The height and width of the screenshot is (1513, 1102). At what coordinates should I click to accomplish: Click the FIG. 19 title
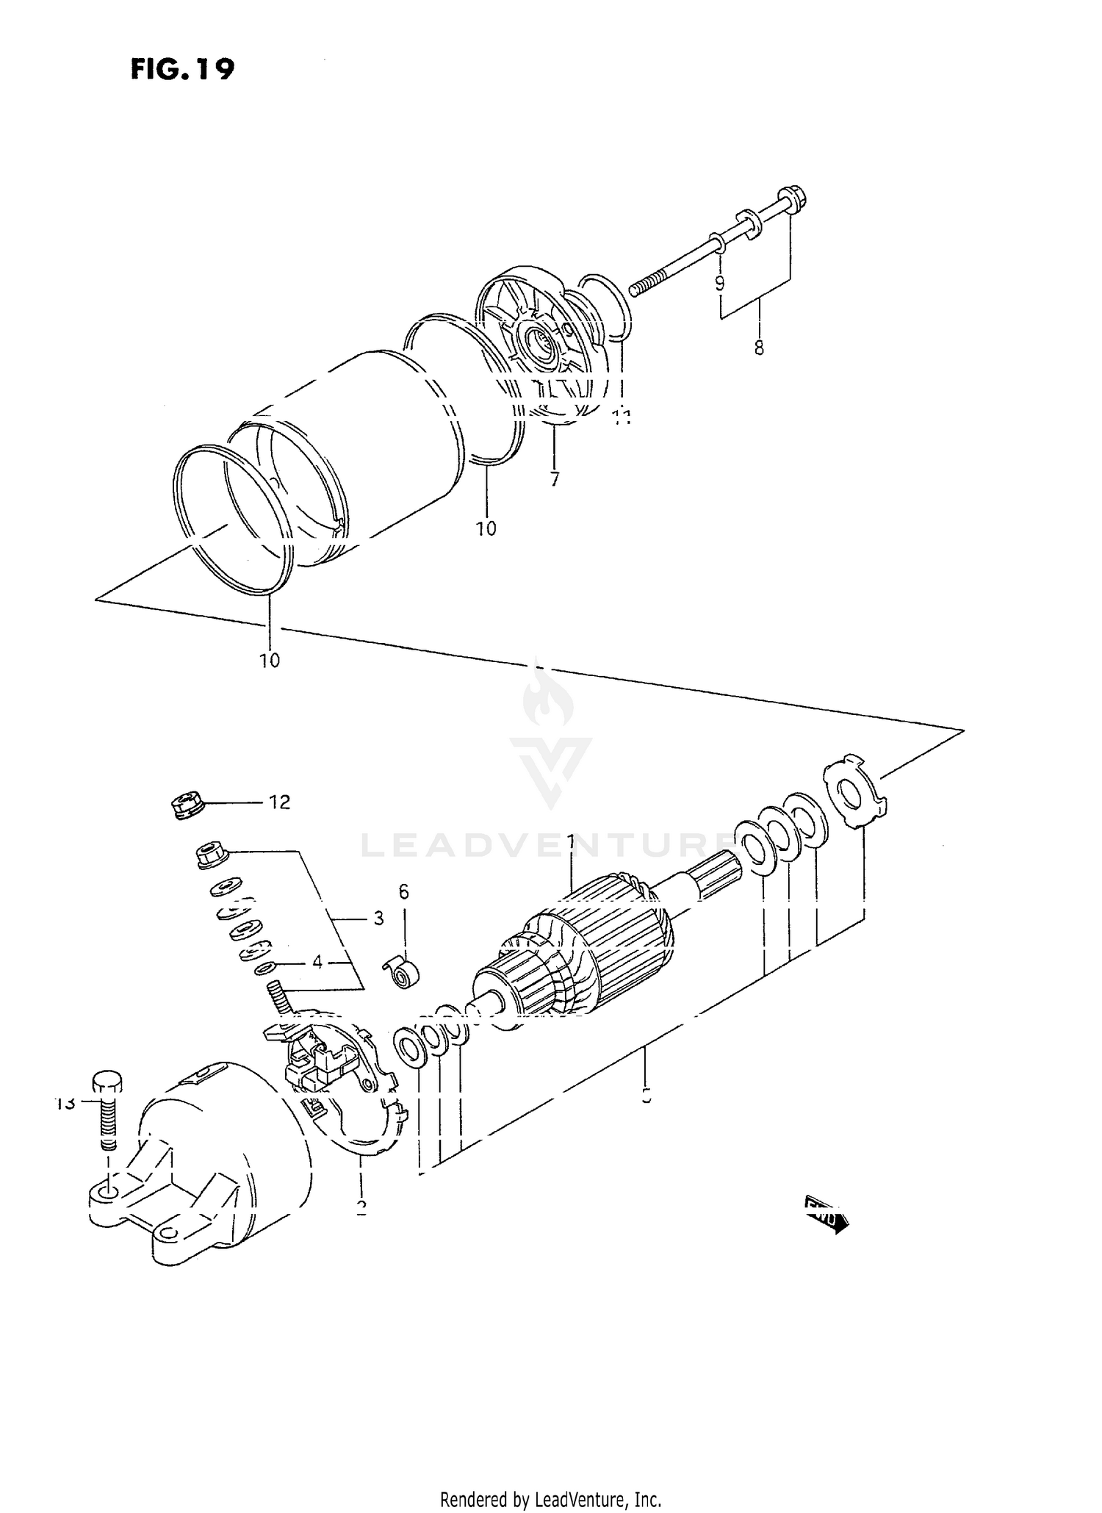pos(182,69)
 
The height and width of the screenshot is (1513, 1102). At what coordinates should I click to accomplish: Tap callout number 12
pos(279,802)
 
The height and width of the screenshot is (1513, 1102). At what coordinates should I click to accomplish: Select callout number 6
pos(403,892)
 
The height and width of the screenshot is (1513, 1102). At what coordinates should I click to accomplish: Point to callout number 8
pos(759,347)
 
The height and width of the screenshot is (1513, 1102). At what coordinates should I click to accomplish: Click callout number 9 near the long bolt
pos(719,283)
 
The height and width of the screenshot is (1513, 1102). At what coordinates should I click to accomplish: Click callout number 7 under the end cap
pos(554,479)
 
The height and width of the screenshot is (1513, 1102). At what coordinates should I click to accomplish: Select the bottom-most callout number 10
pos(270,660)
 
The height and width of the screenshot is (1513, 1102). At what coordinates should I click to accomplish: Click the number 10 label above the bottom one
pos(486,528)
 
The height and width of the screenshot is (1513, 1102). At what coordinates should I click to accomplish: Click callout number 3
pos(378,918)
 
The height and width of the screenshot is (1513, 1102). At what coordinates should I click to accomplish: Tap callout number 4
pos(317,962)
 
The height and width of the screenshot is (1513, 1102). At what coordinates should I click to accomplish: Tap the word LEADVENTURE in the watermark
pos(544,846)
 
